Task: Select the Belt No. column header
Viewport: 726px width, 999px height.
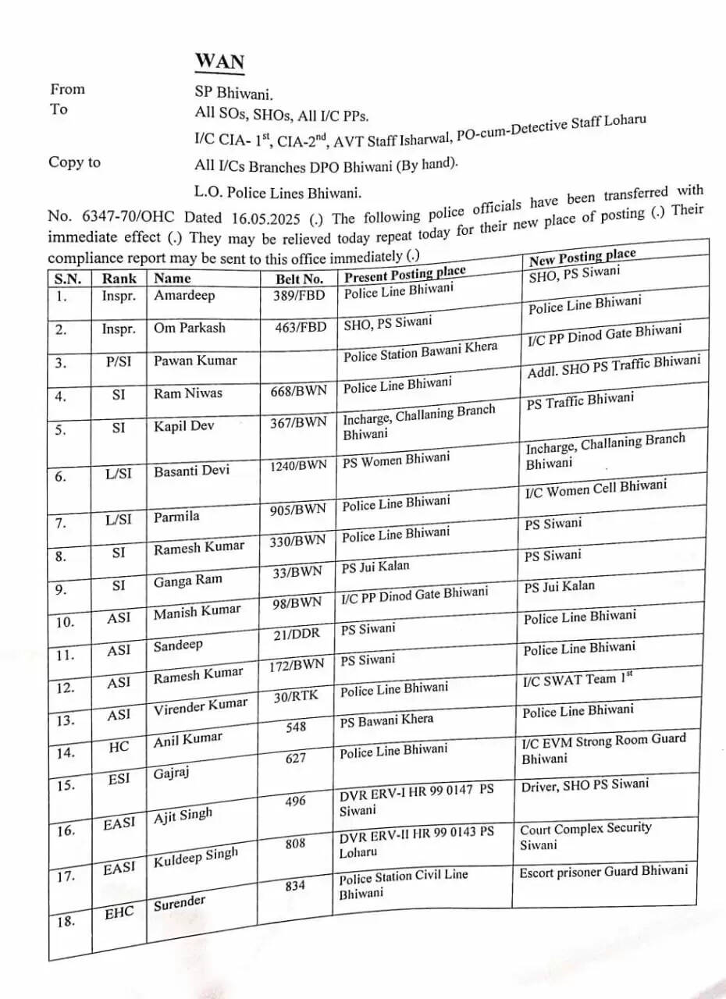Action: tap(299, 279)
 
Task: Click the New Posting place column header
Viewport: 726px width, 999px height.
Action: tap(582, 257)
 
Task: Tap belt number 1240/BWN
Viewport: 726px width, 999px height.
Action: tap(298, 466)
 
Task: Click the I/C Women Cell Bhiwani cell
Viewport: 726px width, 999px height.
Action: tap(596, 489)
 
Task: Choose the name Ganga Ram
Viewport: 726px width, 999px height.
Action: tap(187, 581)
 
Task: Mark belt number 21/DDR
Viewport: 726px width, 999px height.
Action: tap(297, 634)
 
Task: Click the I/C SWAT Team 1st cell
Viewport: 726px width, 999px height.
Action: tap(577, 679)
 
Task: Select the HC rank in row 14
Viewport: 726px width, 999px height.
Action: tap(119, 747)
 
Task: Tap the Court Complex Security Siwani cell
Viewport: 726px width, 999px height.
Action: tap(585, 836)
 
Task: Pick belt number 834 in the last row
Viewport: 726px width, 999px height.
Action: tap(295, 886)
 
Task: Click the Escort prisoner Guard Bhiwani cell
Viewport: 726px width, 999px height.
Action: tap(603, 871)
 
